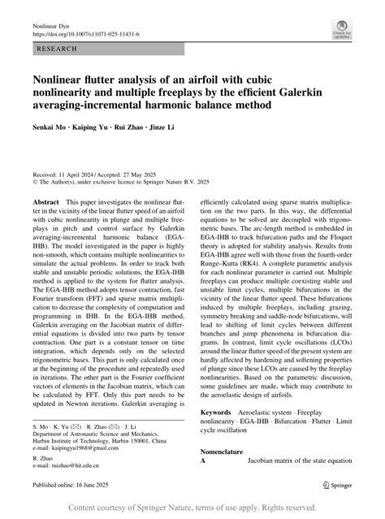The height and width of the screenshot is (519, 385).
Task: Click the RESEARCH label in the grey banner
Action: (56, 50)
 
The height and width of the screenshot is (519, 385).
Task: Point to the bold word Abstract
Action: (45, 199)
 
